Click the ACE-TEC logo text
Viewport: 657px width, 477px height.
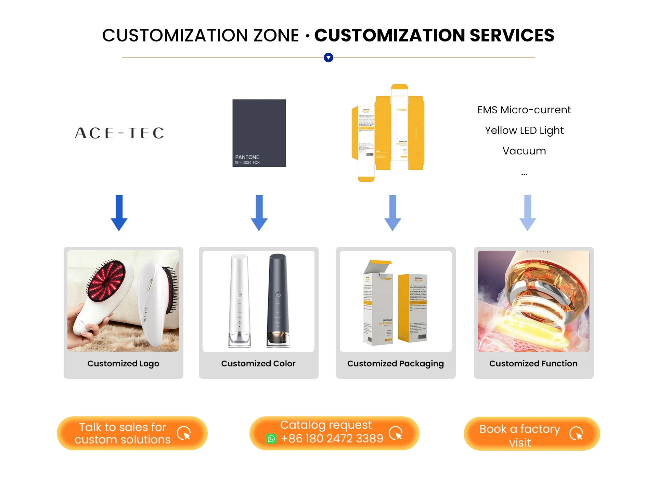[x=119, y=133]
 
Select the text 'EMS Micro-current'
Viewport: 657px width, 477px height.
[x=524, y=110]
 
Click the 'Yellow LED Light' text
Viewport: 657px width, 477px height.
[x=524, y=130]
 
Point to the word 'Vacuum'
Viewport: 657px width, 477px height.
[x=524, y=151]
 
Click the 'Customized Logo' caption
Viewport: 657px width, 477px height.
[x=123, y=363]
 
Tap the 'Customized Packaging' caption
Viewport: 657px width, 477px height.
[x=395, y=363]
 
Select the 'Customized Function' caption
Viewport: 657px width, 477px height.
[x=533, y=363]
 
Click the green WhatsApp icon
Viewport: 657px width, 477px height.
[x=271, y=439]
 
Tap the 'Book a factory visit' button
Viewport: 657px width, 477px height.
[x=531, y=434]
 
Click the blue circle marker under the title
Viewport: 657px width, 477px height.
[x=328, y=58]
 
